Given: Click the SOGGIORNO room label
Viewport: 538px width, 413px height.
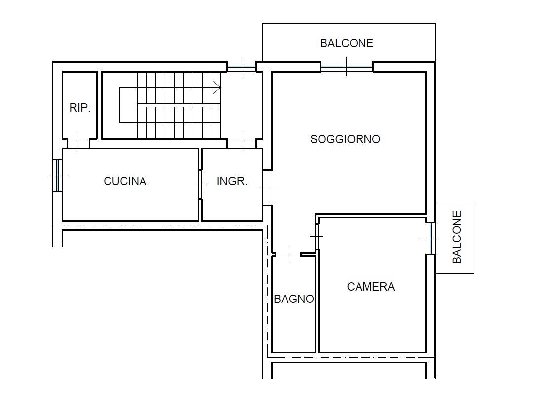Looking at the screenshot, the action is coord(345,139).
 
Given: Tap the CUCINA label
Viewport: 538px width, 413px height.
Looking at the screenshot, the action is coord(125,181).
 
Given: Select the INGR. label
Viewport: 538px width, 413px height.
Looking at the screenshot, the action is coord(232,181).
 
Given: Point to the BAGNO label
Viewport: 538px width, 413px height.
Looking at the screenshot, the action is coord(294,299).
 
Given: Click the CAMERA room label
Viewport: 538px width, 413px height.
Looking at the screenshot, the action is coord(370,287).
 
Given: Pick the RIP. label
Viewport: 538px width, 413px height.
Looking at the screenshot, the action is coord(80,108).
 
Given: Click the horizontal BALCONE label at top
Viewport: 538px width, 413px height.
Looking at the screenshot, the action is coord(347,43).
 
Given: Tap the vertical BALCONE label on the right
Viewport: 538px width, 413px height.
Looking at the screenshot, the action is coord(457,237).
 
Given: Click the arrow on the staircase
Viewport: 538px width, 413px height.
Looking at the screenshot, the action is coord(216,87).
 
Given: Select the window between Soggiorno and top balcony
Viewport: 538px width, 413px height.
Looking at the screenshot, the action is coord(347,67).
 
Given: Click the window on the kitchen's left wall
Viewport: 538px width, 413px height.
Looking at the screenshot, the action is coord(57,176).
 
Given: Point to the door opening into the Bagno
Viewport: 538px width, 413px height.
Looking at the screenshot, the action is coord(288,254).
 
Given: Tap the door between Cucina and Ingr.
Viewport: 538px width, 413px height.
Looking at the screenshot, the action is coord(200,185).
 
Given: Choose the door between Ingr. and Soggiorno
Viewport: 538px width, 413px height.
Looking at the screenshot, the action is coord(267,188).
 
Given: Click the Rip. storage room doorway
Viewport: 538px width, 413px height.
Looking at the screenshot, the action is coord(78,144).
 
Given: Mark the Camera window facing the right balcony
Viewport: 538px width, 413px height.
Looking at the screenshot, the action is coord(430,238).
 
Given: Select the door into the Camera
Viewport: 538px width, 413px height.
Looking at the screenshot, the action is coord(317,236).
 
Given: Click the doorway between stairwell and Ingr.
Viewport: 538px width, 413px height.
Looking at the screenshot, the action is coord(242,144).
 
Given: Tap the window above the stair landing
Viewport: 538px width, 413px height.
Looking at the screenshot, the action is coord(242,67).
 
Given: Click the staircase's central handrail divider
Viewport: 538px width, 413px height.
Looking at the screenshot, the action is coord(179,105).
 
